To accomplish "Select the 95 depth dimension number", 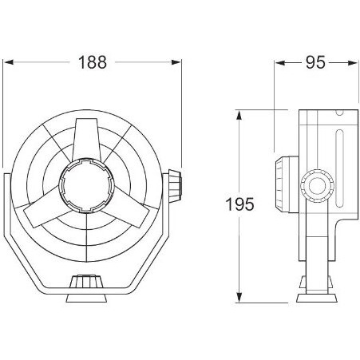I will tap(315, 62).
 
